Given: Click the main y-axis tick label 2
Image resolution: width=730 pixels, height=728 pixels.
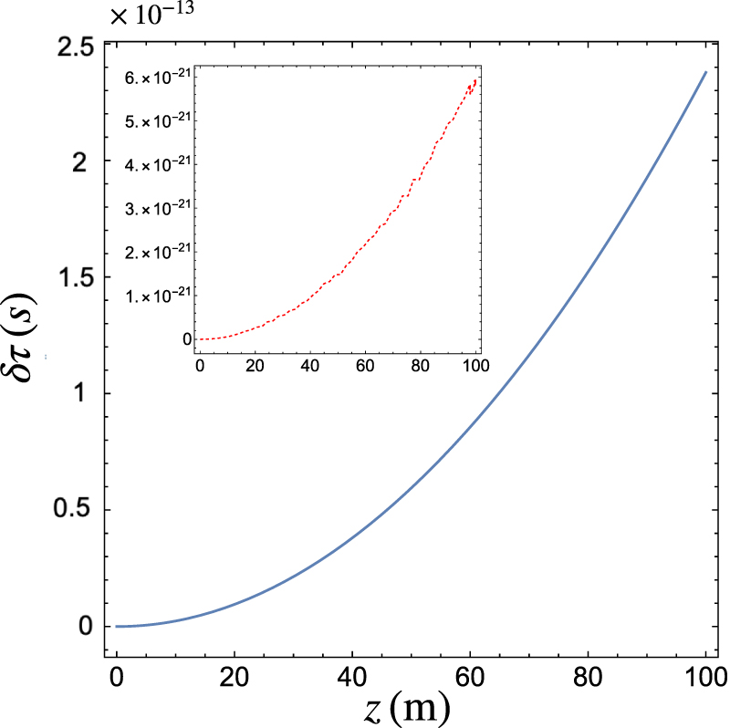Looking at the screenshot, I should click(x=86, y=161).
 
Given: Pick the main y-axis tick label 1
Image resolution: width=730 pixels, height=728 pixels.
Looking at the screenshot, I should click(x=86, y=394).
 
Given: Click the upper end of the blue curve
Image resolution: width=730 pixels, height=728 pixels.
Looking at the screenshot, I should click(x=704, y=71).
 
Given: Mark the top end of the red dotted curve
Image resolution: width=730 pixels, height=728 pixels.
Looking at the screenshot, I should click(x=475, y=79).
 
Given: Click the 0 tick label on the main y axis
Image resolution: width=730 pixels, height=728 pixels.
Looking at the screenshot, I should click(x=86, y=627).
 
